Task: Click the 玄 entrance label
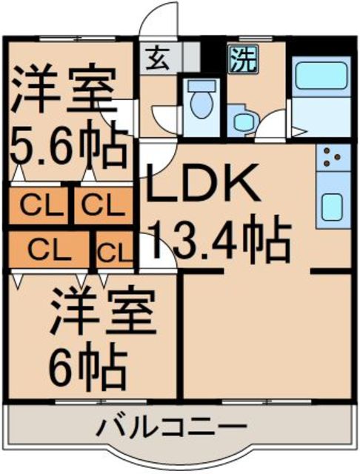point(159,58)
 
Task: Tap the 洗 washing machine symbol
point(243,59)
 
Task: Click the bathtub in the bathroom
point(321,73)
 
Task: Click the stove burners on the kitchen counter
point(332,158)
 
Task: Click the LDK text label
point(202,184)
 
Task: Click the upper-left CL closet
point(39,206)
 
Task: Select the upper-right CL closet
point(104,206)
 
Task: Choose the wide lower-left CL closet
point(49,250)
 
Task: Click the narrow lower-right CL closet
point(115,250)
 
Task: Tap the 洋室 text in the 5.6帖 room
point(64,87)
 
